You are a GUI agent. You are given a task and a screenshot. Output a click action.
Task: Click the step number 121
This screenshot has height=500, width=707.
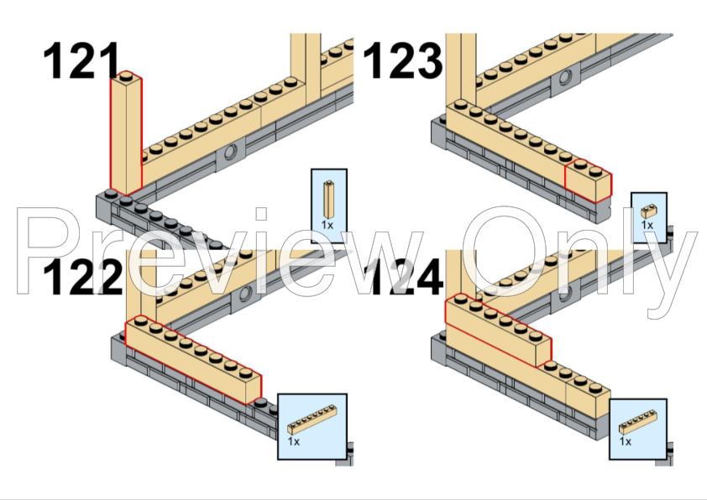(x=81, y=60)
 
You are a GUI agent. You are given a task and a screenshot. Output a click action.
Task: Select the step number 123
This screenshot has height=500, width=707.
(x=403, y=60)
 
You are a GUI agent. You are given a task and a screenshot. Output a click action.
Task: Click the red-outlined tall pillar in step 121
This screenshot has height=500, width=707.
(x=126, y=133)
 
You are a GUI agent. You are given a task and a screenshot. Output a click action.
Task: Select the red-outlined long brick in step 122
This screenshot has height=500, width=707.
(x=193, y=359)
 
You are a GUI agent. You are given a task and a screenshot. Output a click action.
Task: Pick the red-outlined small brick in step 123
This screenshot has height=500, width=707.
(x=589, y=180)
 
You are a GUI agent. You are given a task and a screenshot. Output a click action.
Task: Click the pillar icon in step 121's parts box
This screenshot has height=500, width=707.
(x=329, y=200)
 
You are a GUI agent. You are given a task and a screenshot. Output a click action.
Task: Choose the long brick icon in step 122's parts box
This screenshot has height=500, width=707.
(x=312, y=419)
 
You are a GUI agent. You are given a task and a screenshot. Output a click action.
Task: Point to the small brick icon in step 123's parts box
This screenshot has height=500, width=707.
(x=649, y=211)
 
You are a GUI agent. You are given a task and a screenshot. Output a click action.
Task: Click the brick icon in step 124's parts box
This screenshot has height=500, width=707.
(x=637, y=422)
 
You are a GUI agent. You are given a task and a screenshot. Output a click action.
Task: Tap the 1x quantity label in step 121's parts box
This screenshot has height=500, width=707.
(x=327, y=224)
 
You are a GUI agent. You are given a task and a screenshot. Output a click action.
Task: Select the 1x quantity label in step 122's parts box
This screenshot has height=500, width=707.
(x=294, y=441)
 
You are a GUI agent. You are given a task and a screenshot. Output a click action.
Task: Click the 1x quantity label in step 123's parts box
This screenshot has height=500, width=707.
(x=647, y=224)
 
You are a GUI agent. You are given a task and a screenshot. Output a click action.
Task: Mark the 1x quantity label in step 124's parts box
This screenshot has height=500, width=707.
(x=626, y=441)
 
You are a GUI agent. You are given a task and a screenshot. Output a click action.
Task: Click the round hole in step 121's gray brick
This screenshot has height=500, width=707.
(x=231, y=152)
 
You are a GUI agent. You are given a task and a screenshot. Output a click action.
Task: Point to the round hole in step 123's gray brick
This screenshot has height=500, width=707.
(x=565, y=77)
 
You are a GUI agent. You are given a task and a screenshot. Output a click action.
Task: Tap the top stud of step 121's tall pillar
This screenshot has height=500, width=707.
(x=127, y=75)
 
